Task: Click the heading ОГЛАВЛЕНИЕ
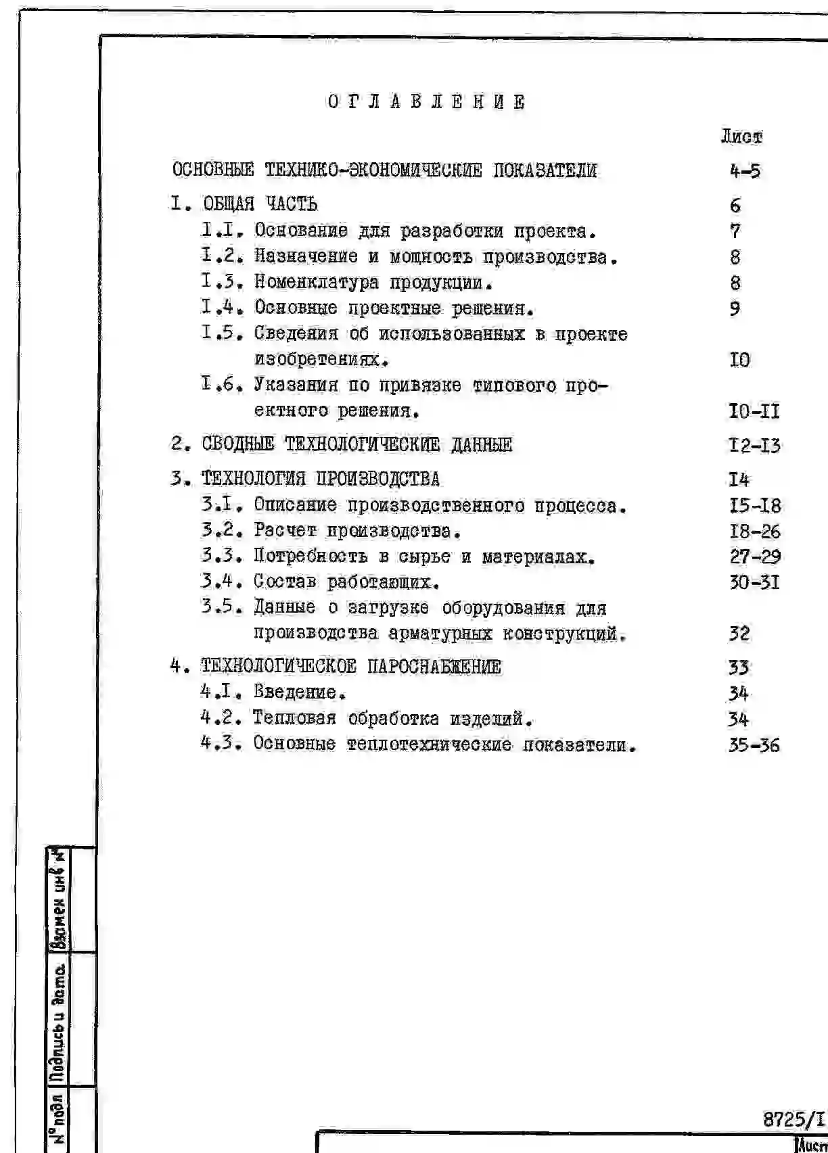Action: pyautogui.click(x=426, y=102)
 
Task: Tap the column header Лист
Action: pyautogui.click(x=741, y=137)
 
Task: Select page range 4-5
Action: pyautogui.click(x=745, y=171)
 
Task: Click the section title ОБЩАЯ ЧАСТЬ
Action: pyautogui.click(x=260, y=204)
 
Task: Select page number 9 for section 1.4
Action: pyautogui.click(x=735, y=308)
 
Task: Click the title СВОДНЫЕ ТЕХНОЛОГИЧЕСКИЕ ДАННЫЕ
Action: pyautogui.click(x=357, y=445)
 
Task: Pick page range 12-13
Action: pyautogui.click(x=754, y=446)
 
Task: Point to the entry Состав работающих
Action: pyautogui.click(x=347, y=582)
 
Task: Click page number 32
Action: pyautogui.click(x=739, y=634)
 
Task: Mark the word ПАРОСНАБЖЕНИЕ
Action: pyautogui.click(x=434, y=667)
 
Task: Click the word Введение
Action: pyautogui.click(x=300, y=692)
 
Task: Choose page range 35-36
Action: pyautogui.click(x=754, y=745)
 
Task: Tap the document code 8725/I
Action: pyautogui.click(x=794, y=1120)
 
